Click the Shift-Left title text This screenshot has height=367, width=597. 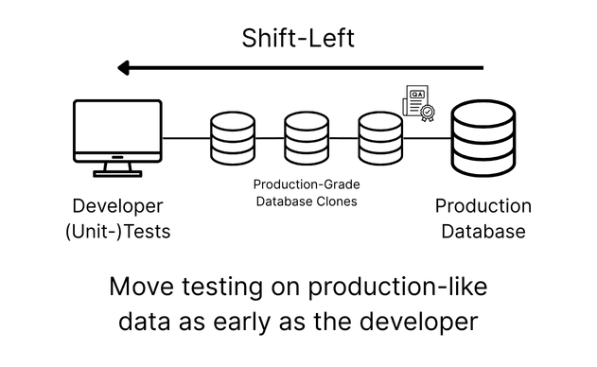click(x=298, y=39)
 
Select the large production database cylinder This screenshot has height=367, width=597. click(x=483, y=139)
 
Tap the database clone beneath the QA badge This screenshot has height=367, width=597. click(x=379, y=137)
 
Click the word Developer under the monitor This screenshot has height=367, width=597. click(x=117, y=206)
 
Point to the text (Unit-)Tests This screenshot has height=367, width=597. click(x=117, y=230)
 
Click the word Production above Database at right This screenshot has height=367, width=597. click(x=483, y=206)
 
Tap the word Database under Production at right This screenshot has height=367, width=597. click(x=483, y=230)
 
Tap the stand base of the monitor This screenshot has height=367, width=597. click(x=117, y=173)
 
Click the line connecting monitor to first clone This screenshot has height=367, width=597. click(x=185, y=138)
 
